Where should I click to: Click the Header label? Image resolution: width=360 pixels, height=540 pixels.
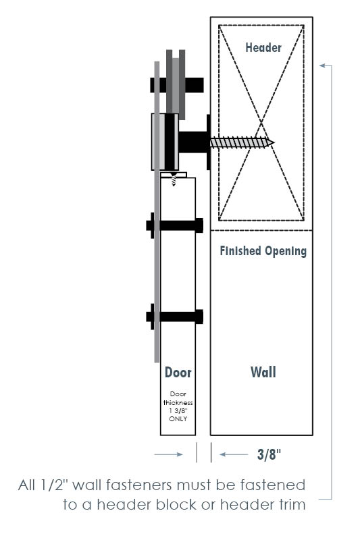(263, 47)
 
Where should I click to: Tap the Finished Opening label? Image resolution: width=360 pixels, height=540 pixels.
(263, 251)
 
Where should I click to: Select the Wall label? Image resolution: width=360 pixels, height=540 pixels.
(263, 373)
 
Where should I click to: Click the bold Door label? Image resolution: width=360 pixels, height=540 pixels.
(178, 373)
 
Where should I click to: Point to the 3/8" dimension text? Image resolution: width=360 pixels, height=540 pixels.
(269, 454)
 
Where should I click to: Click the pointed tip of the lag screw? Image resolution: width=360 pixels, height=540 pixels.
(274, 142)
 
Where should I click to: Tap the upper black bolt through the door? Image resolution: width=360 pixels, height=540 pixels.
(175, 225)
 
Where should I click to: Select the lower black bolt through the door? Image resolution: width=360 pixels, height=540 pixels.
(175, 317)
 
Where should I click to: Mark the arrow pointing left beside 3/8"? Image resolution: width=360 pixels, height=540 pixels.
(234, 454)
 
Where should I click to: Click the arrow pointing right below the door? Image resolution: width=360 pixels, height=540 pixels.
(168, 454)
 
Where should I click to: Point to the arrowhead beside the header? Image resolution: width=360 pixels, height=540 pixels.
(322, 65)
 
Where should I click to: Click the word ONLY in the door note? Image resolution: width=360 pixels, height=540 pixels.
(178, 418)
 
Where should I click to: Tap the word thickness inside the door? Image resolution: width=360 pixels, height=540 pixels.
(178, 402)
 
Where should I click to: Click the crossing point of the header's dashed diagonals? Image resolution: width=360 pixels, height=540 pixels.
(261, 123)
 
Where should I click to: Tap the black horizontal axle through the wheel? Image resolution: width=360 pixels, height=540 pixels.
(177, 85)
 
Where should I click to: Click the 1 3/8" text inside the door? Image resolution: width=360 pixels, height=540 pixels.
(178, 411)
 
